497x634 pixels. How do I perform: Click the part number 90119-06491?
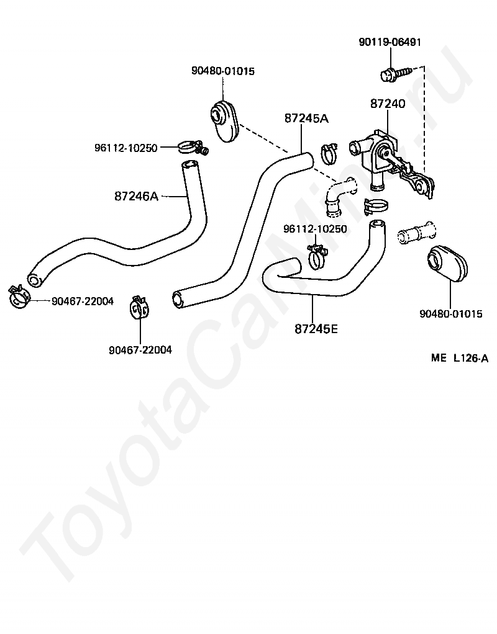click(390, 42)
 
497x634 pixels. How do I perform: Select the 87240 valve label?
click(388, 104)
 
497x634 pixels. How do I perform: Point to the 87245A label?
click(306, 118)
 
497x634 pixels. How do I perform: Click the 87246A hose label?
click(137, 197)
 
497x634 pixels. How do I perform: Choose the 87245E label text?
click(316, 329)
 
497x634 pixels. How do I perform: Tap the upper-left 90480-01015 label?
click(223, 71)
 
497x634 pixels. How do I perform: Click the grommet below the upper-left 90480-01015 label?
click(225, 120)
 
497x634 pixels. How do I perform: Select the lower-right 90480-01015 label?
click(451, 314)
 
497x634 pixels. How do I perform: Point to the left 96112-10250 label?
click(126, 148)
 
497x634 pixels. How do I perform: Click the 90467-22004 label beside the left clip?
click(83, 301)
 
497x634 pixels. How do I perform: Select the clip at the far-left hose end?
click(19, 297)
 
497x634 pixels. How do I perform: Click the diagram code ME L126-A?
click(460, 358)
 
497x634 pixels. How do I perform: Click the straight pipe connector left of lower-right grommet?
click(416, 233)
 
